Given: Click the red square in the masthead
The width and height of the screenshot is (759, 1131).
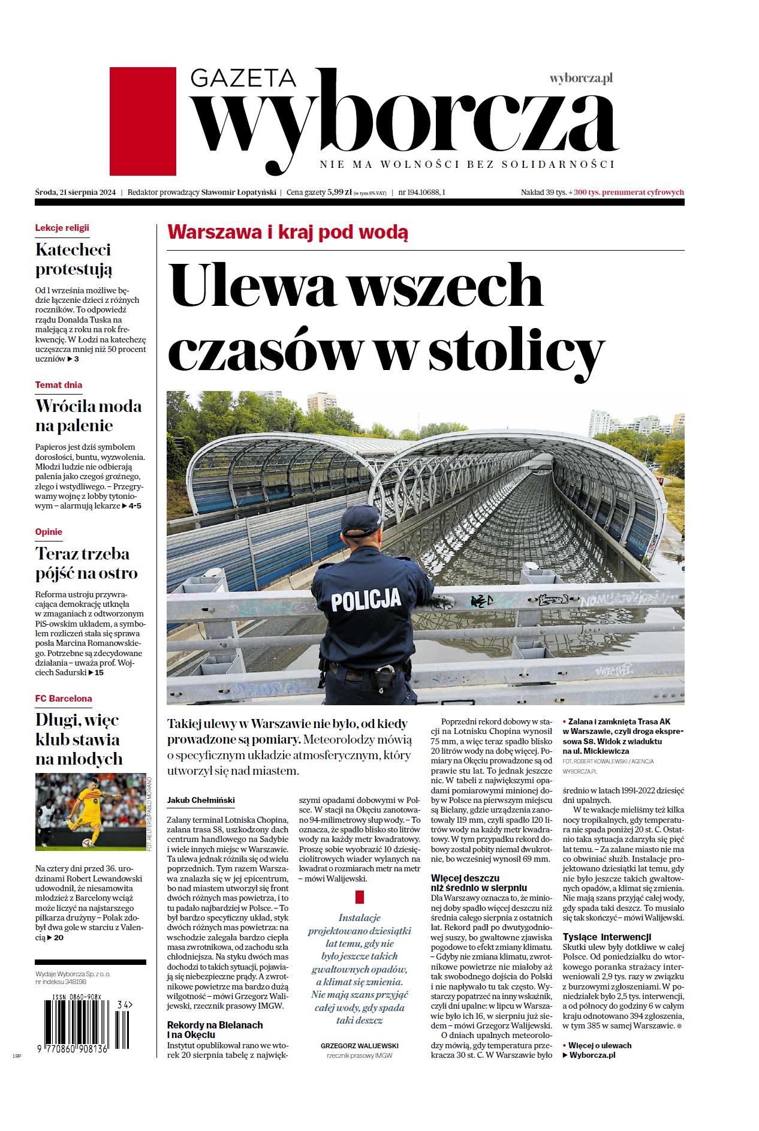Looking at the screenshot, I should [143, 121].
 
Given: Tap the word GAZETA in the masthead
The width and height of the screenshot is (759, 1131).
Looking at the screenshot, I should [243, 79].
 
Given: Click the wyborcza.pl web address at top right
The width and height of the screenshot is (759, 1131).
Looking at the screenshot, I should [581, 78].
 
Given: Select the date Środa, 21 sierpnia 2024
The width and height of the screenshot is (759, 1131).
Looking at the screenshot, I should [76, 192].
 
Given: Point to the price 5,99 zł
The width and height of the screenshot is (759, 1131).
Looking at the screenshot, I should [339, 192].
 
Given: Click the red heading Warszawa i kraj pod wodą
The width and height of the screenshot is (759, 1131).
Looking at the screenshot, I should [288, 232].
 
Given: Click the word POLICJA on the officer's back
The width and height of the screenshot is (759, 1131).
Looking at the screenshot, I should [366, 600].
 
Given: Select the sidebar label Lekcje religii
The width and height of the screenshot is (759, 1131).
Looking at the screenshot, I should [62, 228].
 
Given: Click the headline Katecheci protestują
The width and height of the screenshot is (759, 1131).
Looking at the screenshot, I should [74, 259].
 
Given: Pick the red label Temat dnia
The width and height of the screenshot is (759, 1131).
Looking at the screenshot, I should [59, 385].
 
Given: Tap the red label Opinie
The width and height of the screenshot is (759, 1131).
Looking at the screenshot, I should [49, 532].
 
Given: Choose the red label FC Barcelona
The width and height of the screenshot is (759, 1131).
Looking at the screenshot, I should [64, 699].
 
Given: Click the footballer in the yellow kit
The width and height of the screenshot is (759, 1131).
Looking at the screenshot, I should [90, 810].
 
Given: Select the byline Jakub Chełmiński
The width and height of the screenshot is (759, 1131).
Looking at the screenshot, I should [201, 800].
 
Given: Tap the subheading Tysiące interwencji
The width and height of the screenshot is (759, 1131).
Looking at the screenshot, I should [607, 937].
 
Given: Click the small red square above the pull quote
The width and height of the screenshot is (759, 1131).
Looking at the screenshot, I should [360, 897].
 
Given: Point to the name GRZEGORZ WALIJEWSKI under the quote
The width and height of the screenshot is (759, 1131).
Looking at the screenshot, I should [360, 1046].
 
